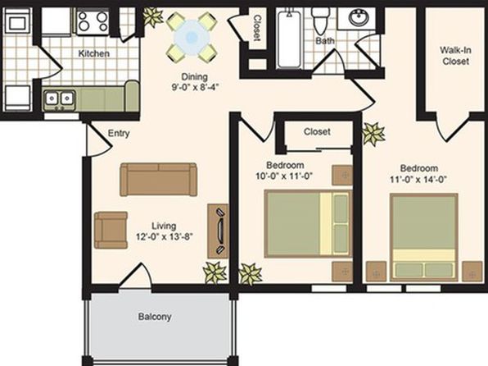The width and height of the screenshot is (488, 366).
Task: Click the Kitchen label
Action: click(93, 53)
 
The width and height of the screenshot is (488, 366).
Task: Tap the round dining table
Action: click(192, 38)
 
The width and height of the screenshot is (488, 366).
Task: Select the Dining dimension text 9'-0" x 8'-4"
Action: click(196, 87)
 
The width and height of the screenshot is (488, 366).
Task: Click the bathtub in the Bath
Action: click(289, 39)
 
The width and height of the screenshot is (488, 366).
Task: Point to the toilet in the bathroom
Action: click(321, 21)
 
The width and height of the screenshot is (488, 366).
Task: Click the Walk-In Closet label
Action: click(455, 56)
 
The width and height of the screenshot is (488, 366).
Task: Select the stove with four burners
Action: click(93, 21)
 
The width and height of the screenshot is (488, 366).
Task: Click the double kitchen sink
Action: click(59, 100)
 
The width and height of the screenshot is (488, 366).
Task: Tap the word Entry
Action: click(119, 134)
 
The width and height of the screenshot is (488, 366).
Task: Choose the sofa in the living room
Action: click(158, 180)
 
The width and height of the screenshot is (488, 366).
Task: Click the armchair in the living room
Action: click(111, 231)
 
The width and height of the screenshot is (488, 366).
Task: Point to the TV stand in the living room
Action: click(218, 231)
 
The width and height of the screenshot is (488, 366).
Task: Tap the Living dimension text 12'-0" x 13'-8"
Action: click(165, 236)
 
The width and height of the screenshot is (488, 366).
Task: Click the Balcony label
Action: click(155, 317)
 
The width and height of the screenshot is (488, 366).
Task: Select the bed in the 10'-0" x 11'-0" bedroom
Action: click(308, 224)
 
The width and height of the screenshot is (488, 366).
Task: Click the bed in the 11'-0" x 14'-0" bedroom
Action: click(424, 237)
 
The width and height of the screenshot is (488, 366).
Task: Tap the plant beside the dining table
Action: click(152, 16)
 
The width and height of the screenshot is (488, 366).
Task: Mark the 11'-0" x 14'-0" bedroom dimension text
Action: click(418, 180)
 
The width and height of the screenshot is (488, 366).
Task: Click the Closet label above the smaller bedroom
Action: click(317, 131)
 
